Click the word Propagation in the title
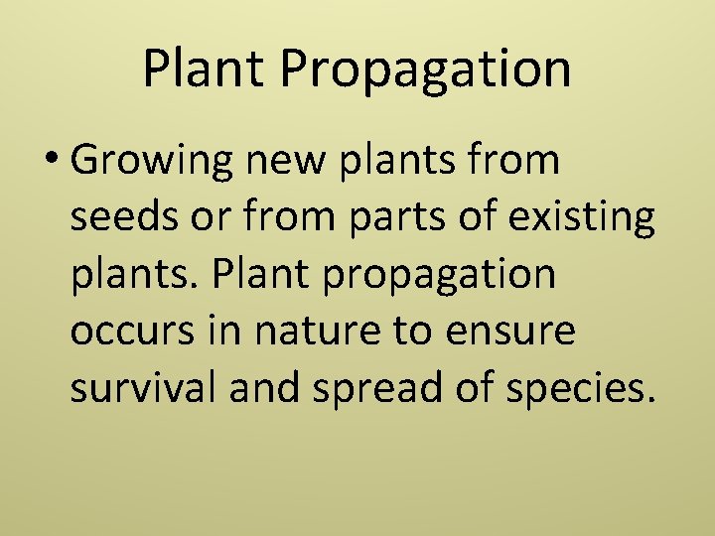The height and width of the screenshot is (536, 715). coord(427,70)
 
